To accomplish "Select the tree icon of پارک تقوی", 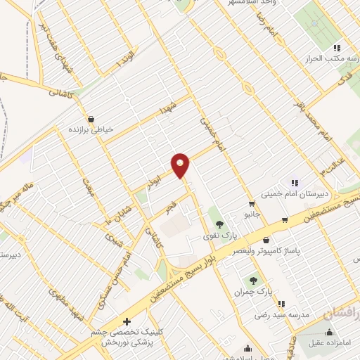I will [219, 224].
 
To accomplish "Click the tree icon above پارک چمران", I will [265, 280].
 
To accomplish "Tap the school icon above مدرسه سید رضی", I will [281, 304].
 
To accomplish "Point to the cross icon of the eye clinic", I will [127, 321].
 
